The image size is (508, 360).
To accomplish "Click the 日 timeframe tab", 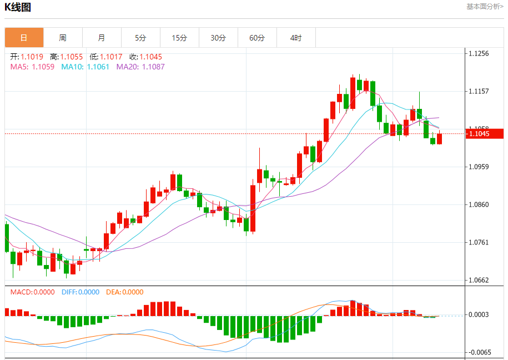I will point(24,38).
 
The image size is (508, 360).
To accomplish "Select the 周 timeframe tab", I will point(63,38).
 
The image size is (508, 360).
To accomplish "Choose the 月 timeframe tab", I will point(102,38).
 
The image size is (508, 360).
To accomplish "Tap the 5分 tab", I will point(140,38).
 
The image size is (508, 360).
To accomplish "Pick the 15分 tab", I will point(179,38).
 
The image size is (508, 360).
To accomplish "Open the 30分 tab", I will point(218,38).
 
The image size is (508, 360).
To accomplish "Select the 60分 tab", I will point(257,38).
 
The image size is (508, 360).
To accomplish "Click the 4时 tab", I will point(296,38).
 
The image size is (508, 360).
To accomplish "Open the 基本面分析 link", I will point(485,7).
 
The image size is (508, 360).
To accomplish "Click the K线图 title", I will point(18,7).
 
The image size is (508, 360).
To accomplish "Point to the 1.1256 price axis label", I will point(479,53).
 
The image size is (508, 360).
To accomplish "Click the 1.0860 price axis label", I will point(479,204).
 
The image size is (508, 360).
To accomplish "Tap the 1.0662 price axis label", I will point(479,280).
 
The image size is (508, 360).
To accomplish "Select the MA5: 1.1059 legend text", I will point(32,67).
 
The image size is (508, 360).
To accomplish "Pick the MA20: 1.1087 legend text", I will point(140,67).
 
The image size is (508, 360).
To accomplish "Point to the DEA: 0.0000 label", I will point(124,292).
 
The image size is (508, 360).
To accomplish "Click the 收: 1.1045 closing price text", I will point(146,57).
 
